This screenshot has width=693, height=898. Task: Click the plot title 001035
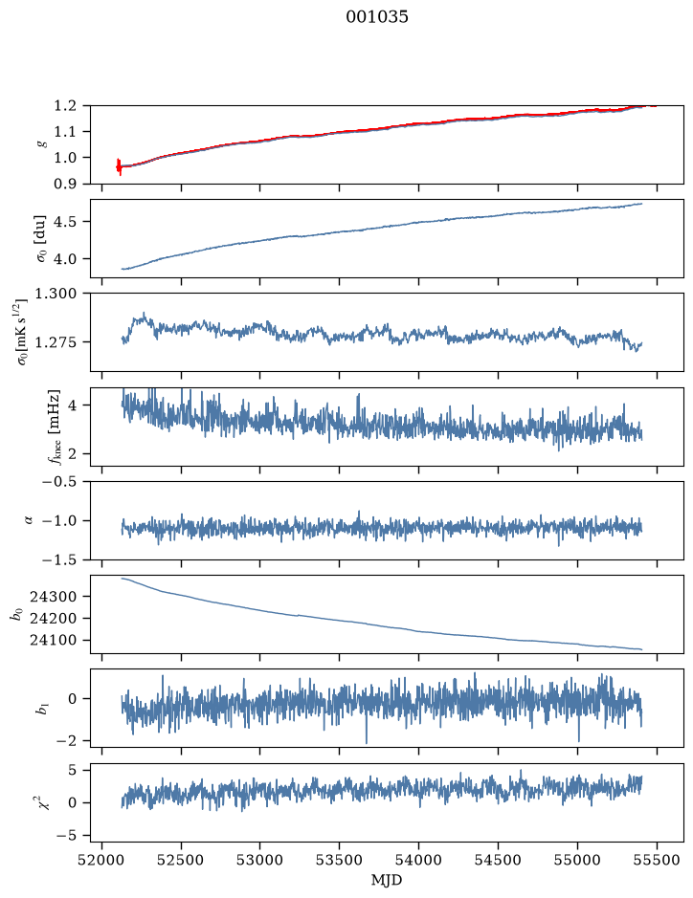tap(376, 17)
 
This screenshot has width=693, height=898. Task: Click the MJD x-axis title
tap(387, 880)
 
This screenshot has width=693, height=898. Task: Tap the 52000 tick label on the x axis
tap(102, 860)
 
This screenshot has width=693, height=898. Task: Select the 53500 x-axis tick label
tap(340, 860)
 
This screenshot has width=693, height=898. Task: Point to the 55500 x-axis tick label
tap(657, 860)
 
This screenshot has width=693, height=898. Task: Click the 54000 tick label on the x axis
tap(418, 860)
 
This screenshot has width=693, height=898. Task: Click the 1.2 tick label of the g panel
tap(65, 105)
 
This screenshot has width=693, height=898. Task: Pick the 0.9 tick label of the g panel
tap(65, 184)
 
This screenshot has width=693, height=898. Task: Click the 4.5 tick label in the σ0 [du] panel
tap(65, 222)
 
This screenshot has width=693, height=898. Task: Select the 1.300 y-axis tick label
tap(55, 294)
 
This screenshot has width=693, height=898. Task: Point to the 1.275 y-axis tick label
tap(55, 342)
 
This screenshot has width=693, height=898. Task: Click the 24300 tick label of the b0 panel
tap(53, 596)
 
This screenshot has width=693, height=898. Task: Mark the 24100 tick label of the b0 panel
tap(53, 641)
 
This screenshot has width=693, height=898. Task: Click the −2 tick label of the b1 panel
tap(66, 740)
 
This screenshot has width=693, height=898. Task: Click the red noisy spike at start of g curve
tap(119, 166)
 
